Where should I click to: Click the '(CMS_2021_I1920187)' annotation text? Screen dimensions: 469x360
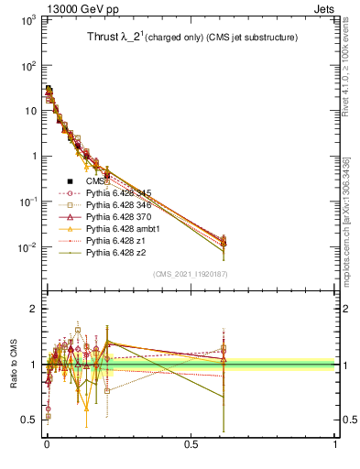click(190, 274)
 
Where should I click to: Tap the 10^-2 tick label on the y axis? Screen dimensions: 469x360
click(26, 247)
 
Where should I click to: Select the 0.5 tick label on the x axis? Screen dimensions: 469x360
click(191, 446)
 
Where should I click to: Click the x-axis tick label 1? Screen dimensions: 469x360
click(335, 446)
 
